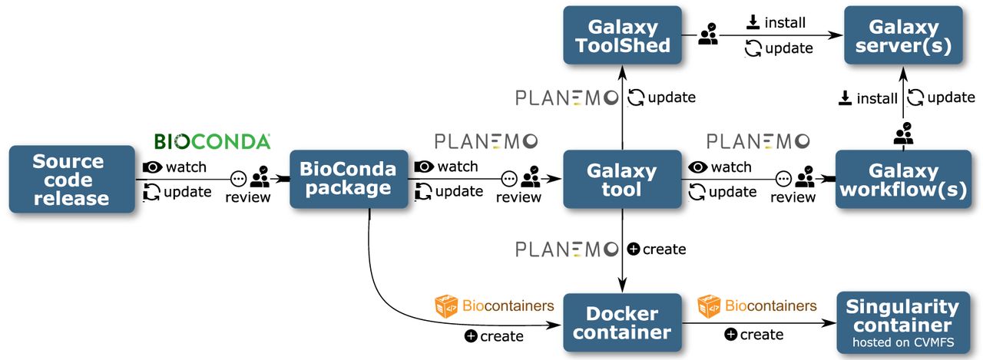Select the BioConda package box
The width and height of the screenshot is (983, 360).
tap(348, 178)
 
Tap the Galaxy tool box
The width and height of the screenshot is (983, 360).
tap(621, 179)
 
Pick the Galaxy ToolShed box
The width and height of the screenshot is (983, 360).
tap(621, 36)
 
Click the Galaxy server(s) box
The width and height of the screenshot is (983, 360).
tap(903, 36)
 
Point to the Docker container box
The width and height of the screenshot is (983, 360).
tap(621, 322)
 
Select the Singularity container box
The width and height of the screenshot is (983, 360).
tap(903, 322)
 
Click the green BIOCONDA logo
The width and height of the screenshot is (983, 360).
tap(212, 141)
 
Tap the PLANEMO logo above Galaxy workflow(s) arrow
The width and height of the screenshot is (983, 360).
tap(758, 141)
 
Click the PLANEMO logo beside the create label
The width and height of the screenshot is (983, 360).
tap(567, 249)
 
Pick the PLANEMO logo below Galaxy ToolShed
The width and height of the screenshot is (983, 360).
tap(567, 97)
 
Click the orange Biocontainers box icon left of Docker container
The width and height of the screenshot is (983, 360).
tap(446, 306)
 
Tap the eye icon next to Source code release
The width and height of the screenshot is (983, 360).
tap(152, 167)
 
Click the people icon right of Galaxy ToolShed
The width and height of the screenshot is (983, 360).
tap(708, 35)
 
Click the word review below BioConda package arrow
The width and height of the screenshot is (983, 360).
tap(518, 197)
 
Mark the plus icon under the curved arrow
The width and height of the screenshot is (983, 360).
tap(471, 336)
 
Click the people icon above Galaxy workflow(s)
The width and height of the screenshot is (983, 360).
tap(903, 134)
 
